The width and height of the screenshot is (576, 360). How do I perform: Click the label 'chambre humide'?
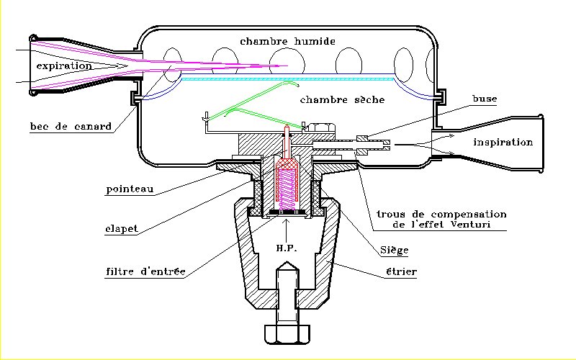coord(287,41)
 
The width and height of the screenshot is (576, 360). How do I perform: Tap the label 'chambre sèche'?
coord(342,99)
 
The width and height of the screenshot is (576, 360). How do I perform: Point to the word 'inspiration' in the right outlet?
coord(503,142)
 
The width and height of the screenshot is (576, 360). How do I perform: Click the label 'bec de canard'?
coord(71,127)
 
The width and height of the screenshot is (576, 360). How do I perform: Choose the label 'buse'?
coord(484,99)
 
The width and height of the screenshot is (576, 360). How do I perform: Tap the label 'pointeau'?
coord(130,191)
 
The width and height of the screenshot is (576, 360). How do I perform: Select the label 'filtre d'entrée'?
coord(144,271)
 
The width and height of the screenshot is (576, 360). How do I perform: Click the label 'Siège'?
coord(394,251)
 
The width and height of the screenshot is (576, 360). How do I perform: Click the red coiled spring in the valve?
coord(287,183)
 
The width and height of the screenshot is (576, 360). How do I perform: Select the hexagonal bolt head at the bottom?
coord(287,334)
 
